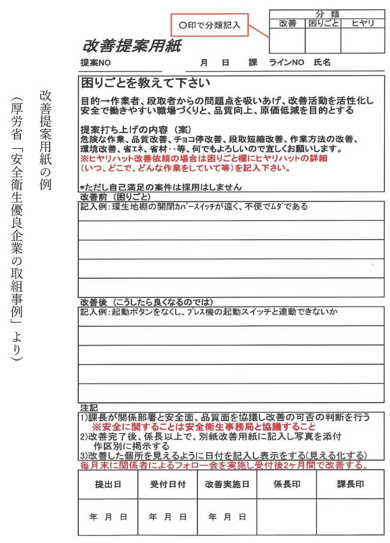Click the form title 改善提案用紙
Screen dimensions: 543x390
pos(132,46)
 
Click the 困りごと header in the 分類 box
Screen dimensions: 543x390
pos(322,23)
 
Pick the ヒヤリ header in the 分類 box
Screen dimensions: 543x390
pos(363,23)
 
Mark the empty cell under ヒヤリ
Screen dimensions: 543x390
pos(363,41)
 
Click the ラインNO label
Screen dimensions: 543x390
pos(286,63)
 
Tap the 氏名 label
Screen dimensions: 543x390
pos(322,63)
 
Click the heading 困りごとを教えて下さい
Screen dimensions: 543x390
pos(146,83)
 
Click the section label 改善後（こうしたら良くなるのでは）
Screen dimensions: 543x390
pos(147,302)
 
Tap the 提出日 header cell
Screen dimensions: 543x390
pos(108,484)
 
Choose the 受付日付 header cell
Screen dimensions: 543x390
pos(168,484)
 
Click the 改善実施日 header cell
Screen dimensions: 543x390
pos(227,484)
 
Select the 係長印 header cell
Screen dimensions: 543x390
pos(287,484)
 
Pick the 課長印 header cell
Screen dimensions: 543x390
pos(350,484)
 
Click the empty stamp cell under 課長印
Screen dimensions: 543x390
pos(350,517)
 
